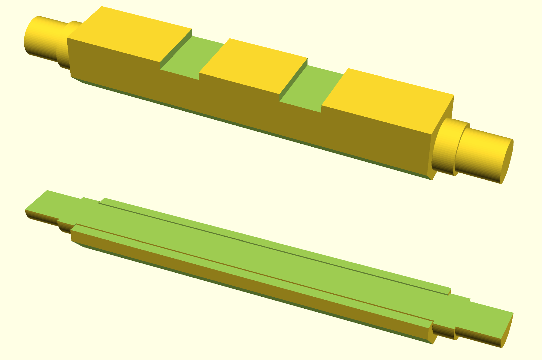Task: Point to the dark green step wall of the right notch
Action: pyautogui.click(x=294, y=79)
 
